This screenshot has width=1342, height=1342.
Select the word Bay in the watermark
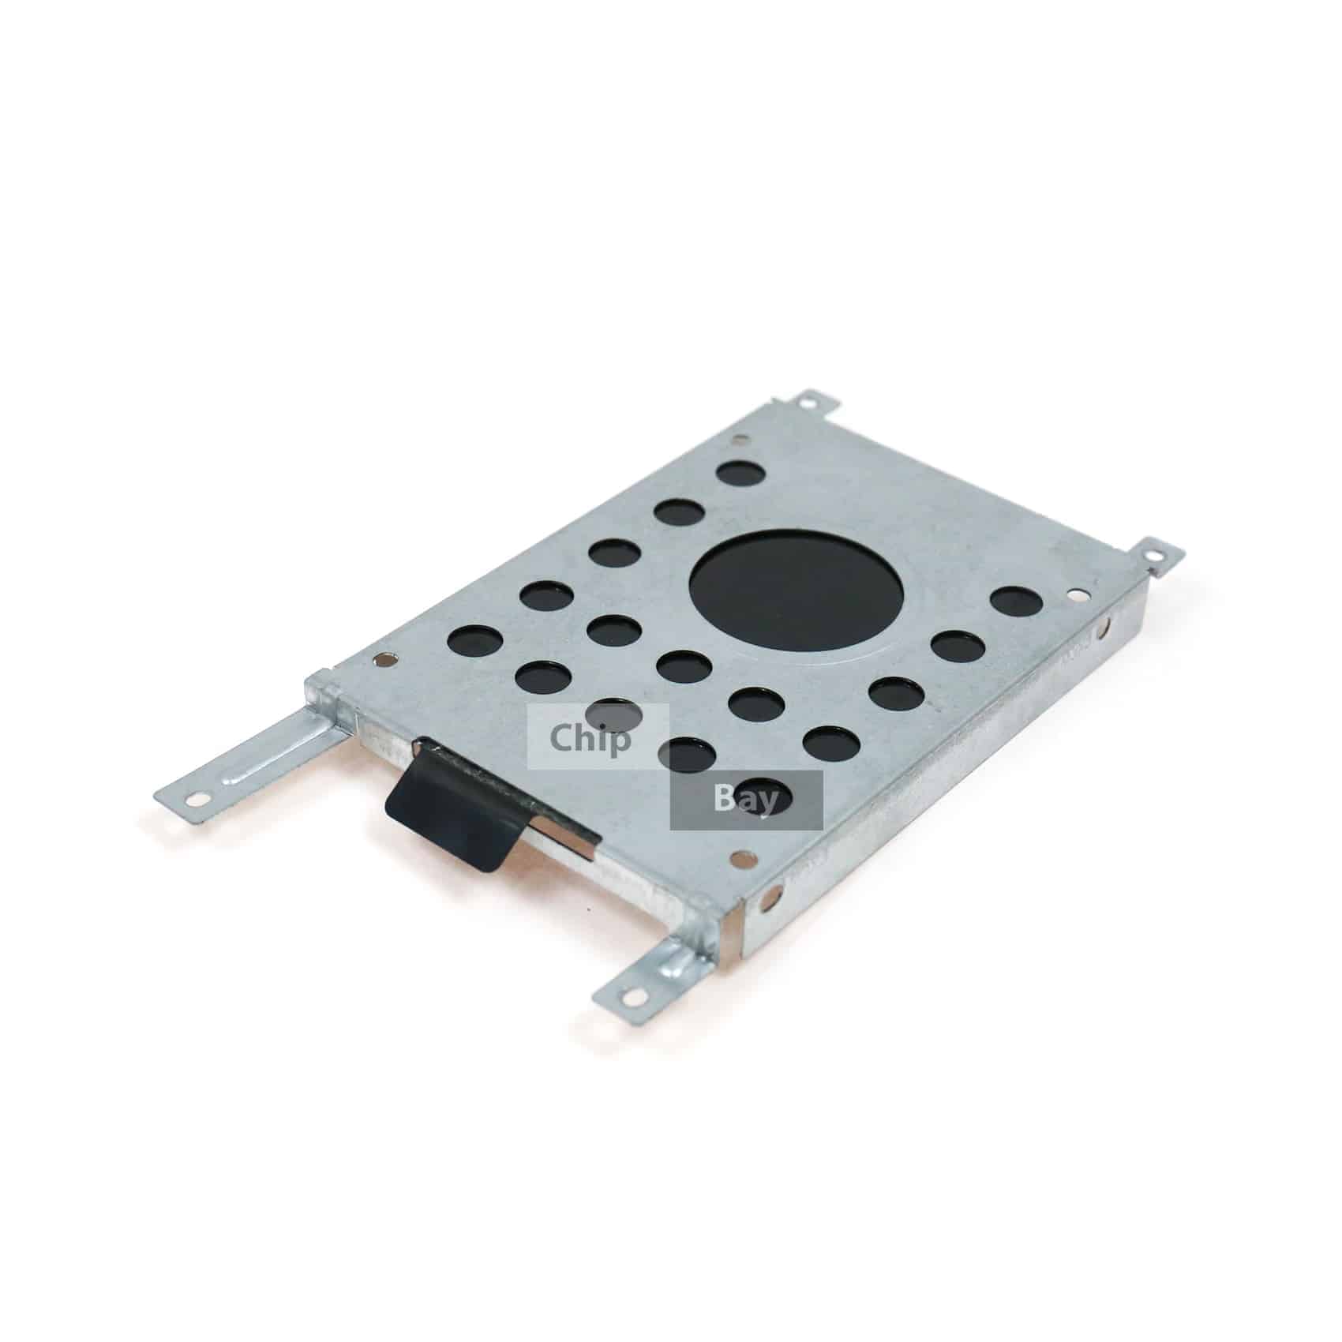point(745,799)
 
